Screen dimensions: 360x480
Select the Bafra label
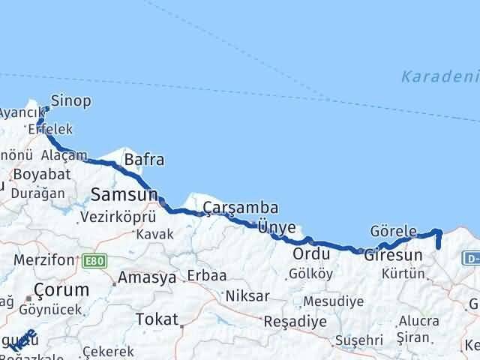[x=144, y=160]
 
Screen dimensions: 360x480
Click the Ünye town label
[x=276, y=225]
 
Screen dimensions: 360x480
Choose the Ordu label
[x=311, y=253]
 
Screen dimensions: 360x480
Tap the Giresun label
[x=394, y=255]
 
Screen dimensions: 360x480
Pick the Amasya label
[x=147, y=277]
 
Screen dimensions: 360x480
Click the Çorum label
[x=61, y=289]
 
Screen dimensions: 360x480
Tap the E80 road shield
[x=95, y=260]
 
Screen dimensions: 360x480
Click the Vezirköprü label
[x=118, y=217]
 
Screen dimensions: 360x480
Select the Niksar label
[x=247, y=295]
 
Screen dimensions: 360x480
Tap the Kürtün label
[x=403, y=274]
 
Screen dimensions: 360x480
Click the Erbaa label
[x=207, y=275]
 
